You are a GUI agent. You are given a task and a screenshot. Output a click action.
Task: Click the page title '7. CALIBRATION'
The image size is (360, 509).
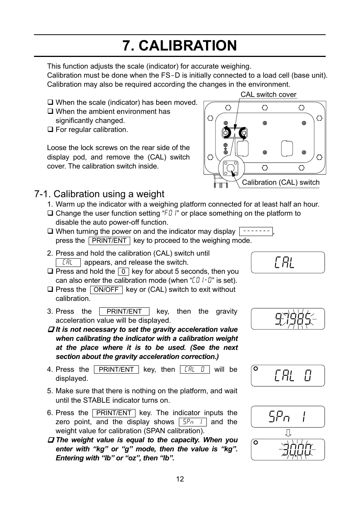point(180,46)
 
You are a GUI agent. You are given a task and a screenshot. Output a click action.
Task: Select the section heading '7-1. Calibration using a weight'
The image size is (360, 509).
point(99,194)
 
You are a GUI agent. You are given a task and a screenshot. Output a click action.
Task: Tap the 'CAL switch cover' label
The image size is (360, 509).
point(268,95)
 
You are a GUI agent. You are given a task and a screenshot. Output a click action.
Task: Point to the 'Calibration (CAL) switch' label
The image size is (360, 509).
point(280,182)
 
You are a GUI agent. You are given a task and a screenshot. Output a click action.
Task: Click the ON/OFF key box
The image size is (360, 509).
point(106,290)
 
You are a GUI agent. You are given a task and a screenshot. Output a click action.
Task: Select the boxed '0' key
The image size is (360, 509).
point(123,271)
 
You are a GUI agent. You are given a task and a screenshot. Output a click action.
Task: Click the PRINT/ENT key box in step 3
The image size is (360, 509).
point(124,311)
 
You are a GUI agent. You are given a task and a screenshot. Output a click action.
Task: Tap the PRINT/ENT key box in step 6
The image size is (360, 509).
point(114,413)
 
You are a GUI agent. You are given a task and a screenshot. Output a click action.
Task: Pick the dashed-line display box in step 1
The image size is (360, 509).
point(256,232)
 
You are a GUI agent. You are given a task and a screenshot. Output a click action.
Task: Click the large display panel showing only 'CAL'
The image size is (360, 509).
point(288,262)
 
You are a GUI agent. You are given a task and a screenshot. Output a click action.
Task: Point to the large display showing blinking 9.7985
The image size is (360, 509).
point(288,319)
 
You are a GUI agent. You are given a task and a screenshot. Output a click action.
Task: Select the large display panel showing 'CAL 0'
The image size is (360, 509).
point(288,376)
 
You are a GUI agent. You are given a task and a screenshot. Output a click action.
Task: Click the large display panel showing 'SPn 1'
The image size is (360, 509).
point(288,417)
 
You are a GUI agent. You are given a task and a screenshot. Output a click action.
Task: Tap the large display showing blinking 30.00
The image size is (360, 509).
point(288,449)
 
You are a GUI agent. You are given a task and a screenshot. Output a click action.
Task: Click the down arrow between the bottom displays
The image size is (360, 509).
point(288,433)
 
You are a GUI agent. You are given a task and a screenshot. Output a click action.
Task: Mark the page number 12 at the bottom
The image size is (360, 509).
point(180,479)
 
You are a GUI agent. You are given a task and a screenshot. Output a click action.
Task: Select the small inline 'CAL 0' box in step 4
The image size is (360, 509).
point(194,369)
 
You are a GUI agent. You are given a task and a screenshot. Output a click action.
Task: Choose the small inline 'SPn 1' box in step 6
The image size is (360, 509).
point(192,422)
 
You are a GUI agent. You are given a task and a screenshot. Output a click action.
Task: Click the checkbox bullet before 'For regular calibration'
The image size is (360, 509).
point(50,130)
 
